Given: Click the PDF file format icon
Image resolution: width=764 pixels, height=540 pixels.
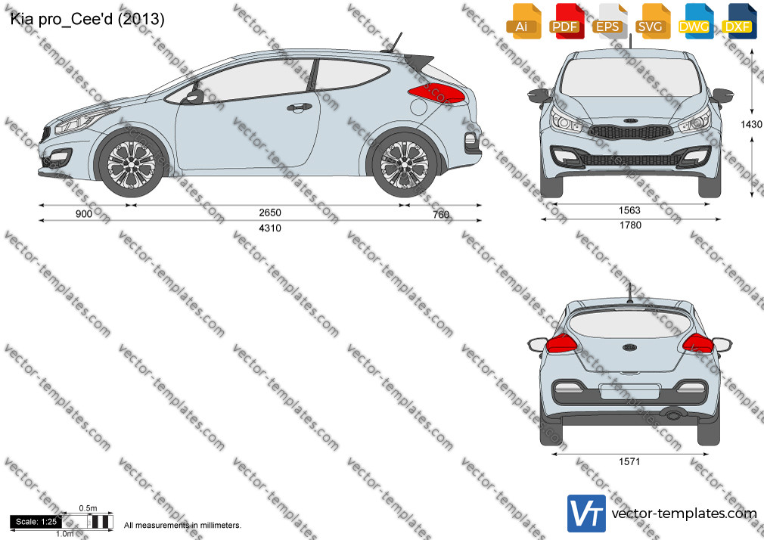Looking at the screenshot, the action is pos(565,20).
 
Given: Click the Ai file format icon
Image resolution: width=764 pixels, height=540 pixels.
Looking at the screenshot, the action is pos(523,20).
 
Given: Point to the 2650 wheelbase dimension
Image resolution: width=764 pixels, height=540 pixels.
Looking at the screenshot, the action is pos(270,213).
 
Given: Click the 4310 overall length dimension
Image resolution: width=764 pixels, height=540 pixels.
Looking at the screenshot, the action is pos(270,228).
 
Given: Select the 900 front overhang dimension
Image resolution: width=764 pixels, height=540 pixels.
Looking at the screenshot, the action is pos(84,214).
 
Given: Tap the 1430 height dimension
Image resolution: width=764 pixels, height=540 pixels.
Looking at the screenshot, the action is pos(751,124).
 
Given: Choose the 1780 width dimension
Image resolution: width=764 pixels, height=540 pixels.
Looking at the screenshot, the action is pos(630,225).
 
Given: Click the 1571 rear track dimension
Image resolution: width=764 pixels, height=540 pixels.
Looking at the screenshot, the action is pos(629,461).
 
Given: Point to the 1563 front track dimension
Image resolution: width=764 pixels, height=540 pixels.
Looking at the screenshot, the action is pos(629,210).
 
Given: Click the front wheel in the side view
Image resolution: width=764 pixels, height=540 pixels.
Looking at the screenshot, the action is pos(131,163).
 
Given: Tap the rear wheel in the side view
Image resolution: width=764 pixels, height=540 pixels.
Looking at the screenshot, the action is pos(404,163).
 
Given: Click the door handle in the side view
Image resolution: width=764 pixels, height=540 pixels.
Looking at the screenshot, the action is pos(300,107).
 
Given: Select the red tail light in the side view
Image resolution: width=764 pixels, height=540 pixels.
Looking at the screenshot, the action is pos(436,92).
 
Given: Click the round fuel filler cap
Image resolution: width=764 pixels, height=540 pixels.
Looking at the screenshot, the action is pos(418,107).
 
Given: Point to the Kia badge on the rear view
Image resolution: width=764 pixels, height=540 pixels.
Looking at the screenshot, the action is pos(629,347).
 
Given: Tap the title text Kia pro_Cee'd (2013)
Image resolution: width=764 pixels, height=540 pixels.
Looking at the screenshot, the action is pos(87,19).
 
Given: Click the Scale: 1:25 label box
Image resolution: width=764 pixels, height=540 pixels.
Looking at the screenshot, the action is pos(36,522).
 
